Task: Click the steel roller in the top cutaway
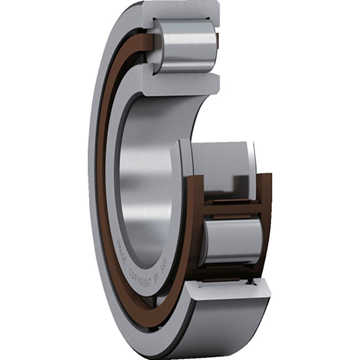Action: coord(185,46)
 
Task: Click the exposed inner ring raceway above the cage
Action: coord(220,158)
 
